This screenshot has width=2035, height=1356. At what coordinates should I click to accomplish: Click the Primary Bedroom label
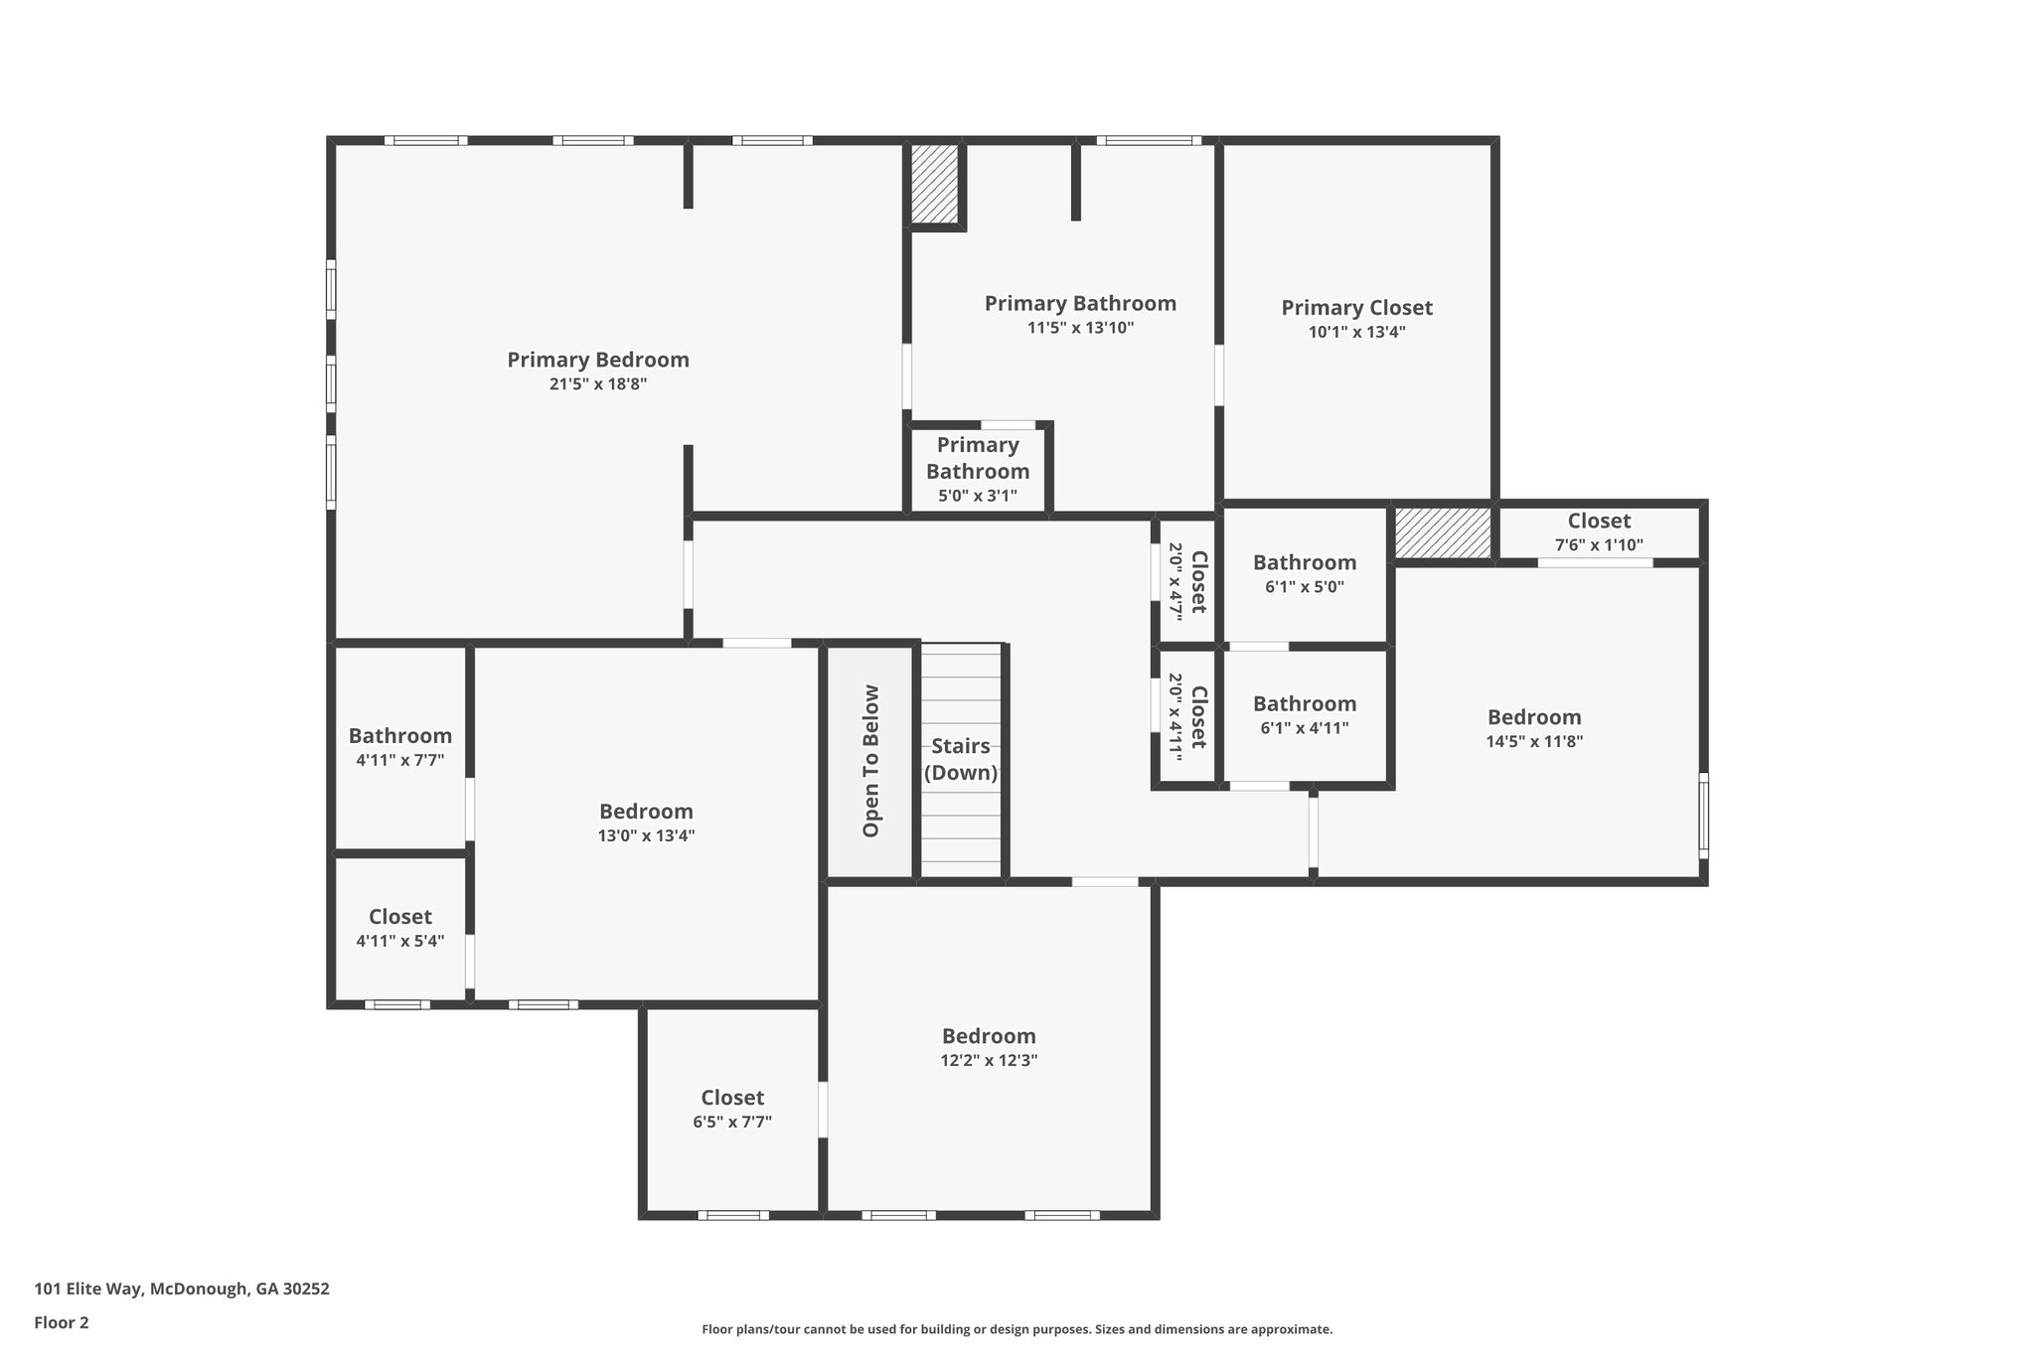(598, 360)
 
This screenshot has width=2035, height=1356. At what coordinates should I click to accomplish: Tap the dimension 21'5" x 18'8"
(598, 384)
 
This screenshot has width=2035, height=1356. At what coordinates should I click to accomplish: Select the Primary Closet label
(1356, 308)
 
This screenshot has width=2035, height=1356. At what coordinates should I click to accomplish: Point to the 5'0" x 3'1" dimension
(978, 496)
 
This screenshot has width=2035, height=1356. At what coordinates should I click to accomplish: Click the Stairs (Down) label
(961, 759)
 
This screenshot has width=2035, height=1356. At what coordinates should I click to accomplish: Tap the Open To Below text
(871, 761)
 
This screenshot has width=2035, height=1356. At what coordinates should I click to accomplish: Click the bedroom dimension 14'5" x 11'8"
(1534, 741)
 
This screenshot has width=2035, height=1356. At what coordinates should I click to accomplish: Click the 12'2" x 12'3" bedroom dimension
(989, 1060)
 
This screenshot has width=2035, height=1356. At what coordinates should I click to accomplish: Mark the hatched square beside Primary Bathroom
(935, 185)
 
